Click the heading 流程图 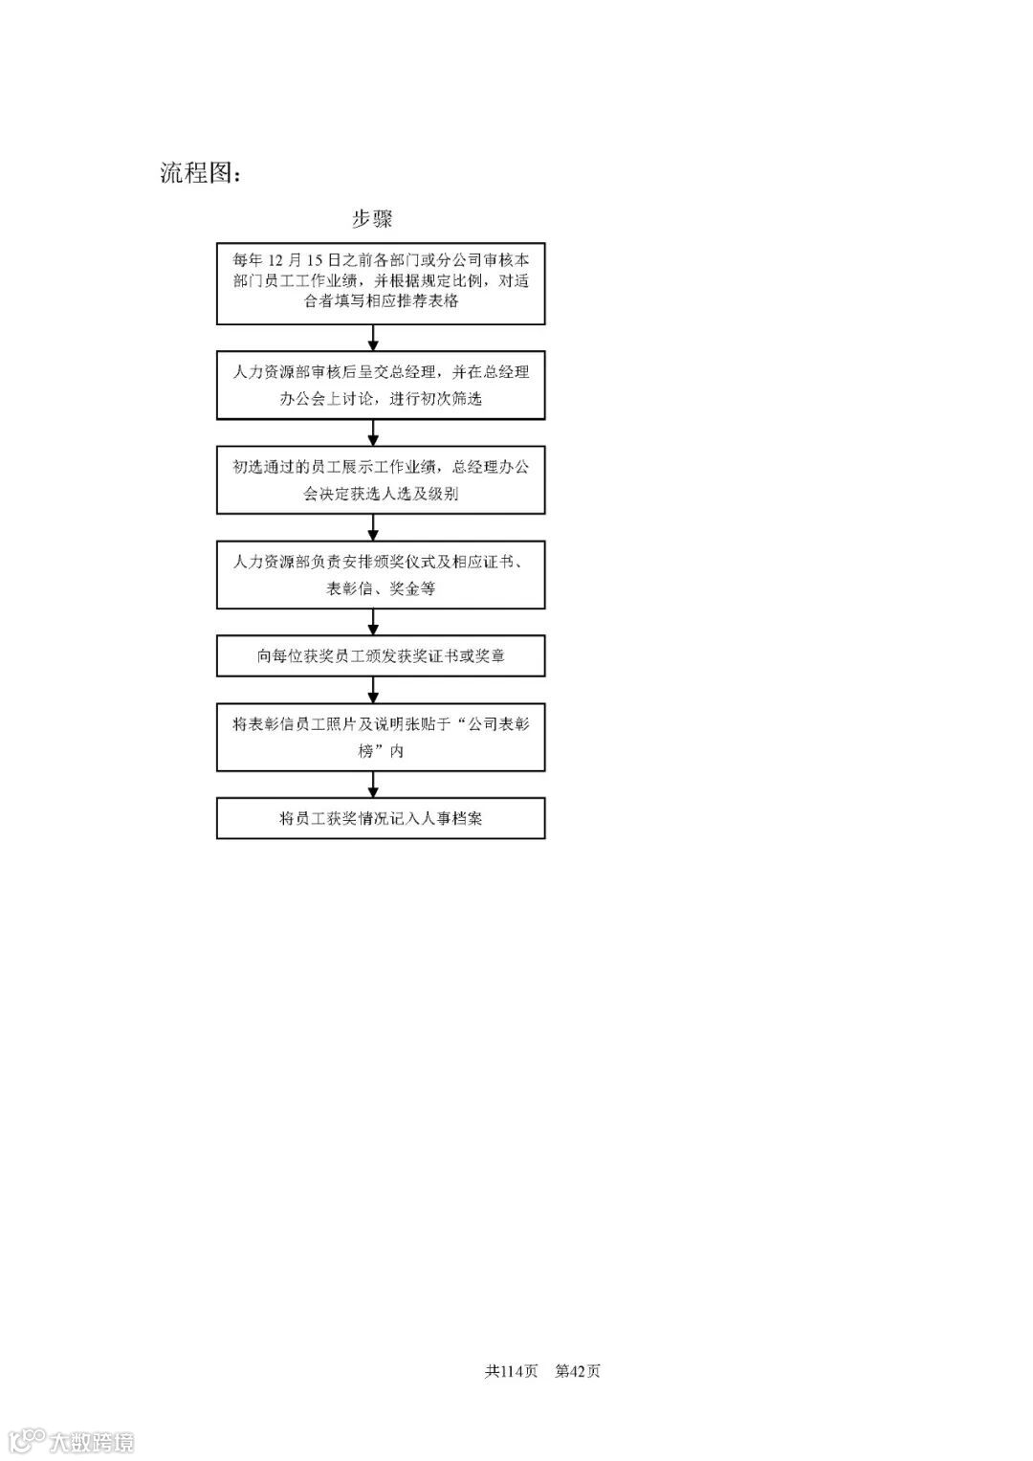[x=200, y=173]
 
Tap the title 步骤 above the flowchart [x=372, y=219]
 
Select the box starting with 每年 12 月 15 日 [x=381, y=283]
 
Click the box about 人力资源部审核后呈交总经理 [x=381, y=385]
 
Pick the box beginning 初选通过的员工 [x=381, y=480]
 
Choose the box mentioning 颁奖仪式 [x=381, y=574]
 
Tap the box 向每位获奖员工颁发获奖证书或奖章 [x=381, y=656]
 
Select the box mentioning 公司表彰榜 [x=381, y=737]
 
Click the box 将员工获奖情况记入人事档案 [x=381, y=818]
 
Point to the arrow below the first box [x=374, y=339]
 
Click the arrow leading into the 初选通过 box [x=374, y=432]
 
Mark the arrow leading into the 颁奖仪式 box [x=374, y=527]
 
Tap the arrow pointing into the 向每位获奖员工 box [x=374, y=622]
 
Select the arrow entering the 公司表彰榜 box [x=374, y=690]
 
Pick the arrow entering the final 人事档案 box [x=374, y=785]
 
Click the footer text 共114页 [x=512, y=1371]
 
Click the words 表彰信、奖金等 [x=381, y=588]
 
